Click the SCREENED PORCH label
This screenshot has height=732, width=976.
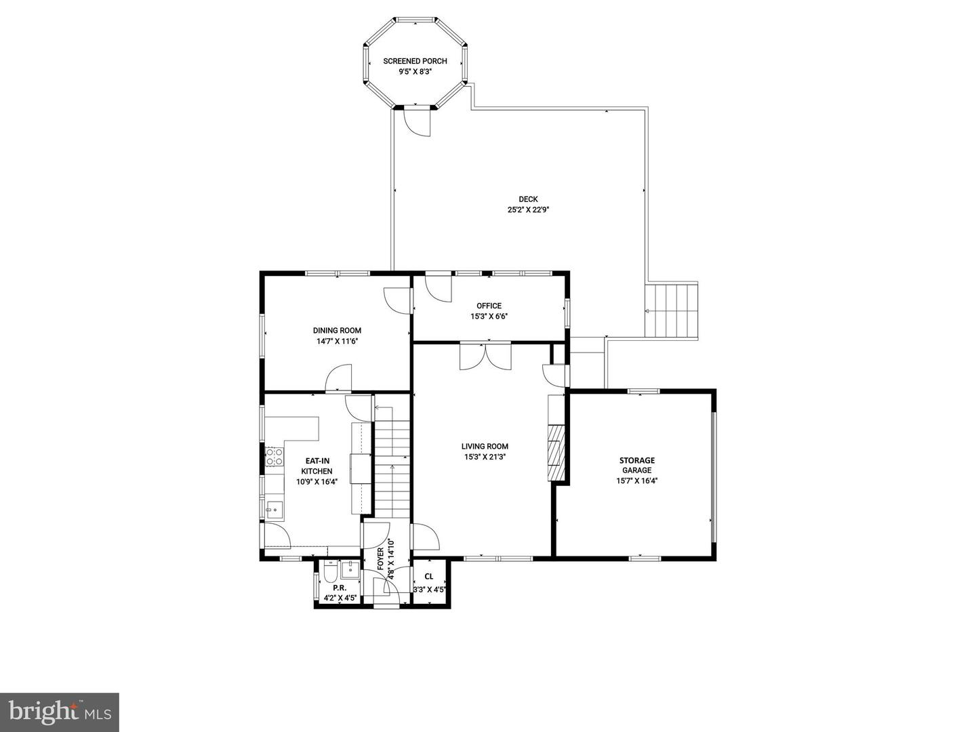tap(415, 61)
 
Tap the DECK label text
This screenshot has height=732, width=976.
tap(528, 199)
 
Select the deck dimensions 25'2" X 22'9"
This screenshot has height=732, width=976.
tap(528, 210)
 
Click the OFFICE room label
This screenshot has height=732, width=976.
tap(489, 306)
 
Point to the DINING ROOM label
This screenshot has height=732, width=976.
tap(337, 331)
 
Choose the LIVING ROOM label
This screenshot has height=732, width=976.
tap(485, 446)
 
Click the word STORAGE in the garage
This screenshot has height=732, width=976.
tap(636, 460)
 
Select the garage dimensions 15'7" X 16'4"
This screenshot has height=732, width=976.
tap(636, 481)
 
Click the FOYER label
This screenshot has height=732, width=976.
tap(381, 558)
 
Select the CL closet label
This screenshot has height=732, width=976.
tap(429, 577)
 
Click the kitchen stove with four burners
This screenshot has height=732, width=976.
tap(274, 456)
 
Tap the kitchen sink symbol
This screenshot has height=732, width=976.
tap(274, 509)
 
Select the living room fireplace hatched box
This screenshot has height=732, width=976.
tap(556, 453)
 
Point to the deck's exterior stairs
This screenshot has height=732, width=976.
tap(671, 311)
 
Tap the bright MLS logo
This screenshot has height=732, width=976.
tap(60, 712)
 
